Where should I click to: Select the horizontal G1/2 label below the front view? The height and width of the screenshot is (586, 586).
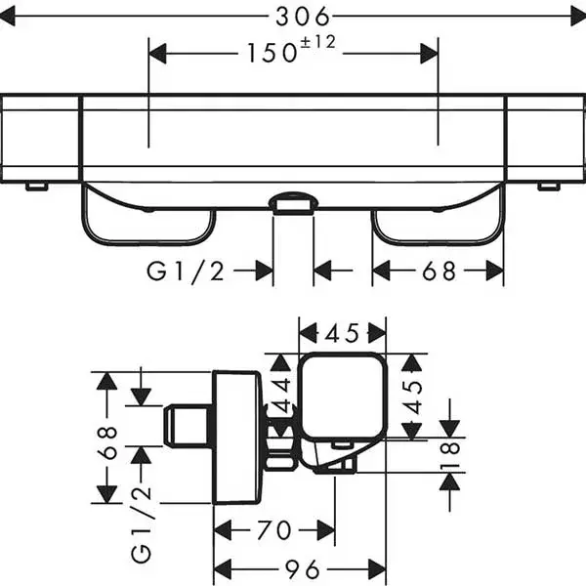pos(187,271)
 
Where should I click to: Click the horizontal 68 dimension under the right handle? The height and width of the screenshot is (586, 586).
pos(439,271)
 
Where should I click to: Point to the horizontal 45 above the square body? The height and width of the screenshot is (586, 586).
pos(342,333)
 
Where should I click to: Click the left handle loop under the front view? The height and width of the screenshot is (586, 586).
pos(146,220)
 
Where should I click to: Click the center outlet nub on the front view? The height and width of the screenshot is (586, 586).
pos(292,202)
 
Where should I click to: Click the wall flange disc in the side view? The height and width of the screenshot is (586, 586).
pos(236,437)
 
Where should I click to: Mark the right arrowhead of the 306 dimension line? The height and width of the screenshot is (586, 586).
pos(575,16)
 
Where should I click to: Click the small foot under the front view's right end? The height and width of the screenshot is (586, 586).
pos(549,186)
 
